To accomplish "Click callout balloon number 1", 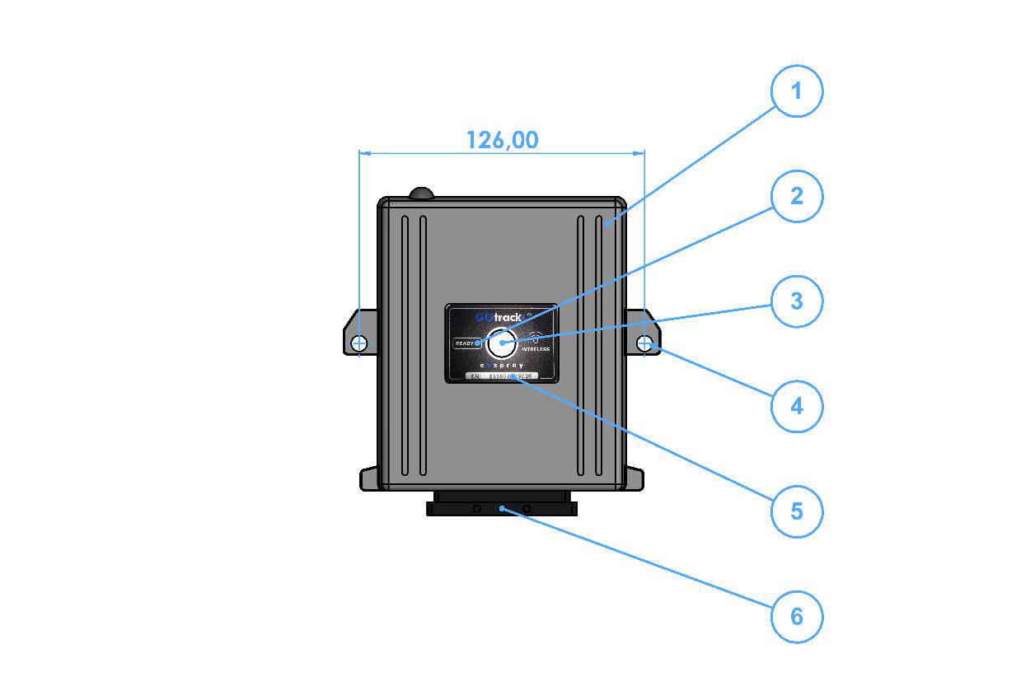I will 796,91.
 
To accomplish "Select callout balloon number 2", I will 796,196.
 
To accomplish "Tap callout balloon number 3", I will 796,301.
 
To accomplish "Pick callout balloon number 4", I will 796,406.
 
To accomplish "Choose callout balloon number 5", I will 796,511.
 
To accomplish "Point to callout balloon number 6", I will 796,616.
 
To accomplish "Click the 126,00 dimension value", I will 502,140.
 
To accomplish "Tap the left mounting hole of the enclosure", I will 359,343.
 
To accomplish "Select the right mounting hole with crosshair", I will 644,343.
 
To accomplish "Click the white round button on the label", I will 501,341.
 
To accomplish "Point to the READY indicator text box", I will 466,343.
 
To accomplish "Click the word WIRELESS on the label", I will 536,349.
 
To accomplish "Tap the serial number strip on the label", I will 501,376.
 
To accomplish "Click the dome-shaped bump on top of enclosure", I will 421,194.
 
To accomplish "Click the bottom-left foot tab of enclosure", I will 369,479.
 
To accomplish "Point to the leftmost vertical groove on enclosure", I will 405,346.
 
